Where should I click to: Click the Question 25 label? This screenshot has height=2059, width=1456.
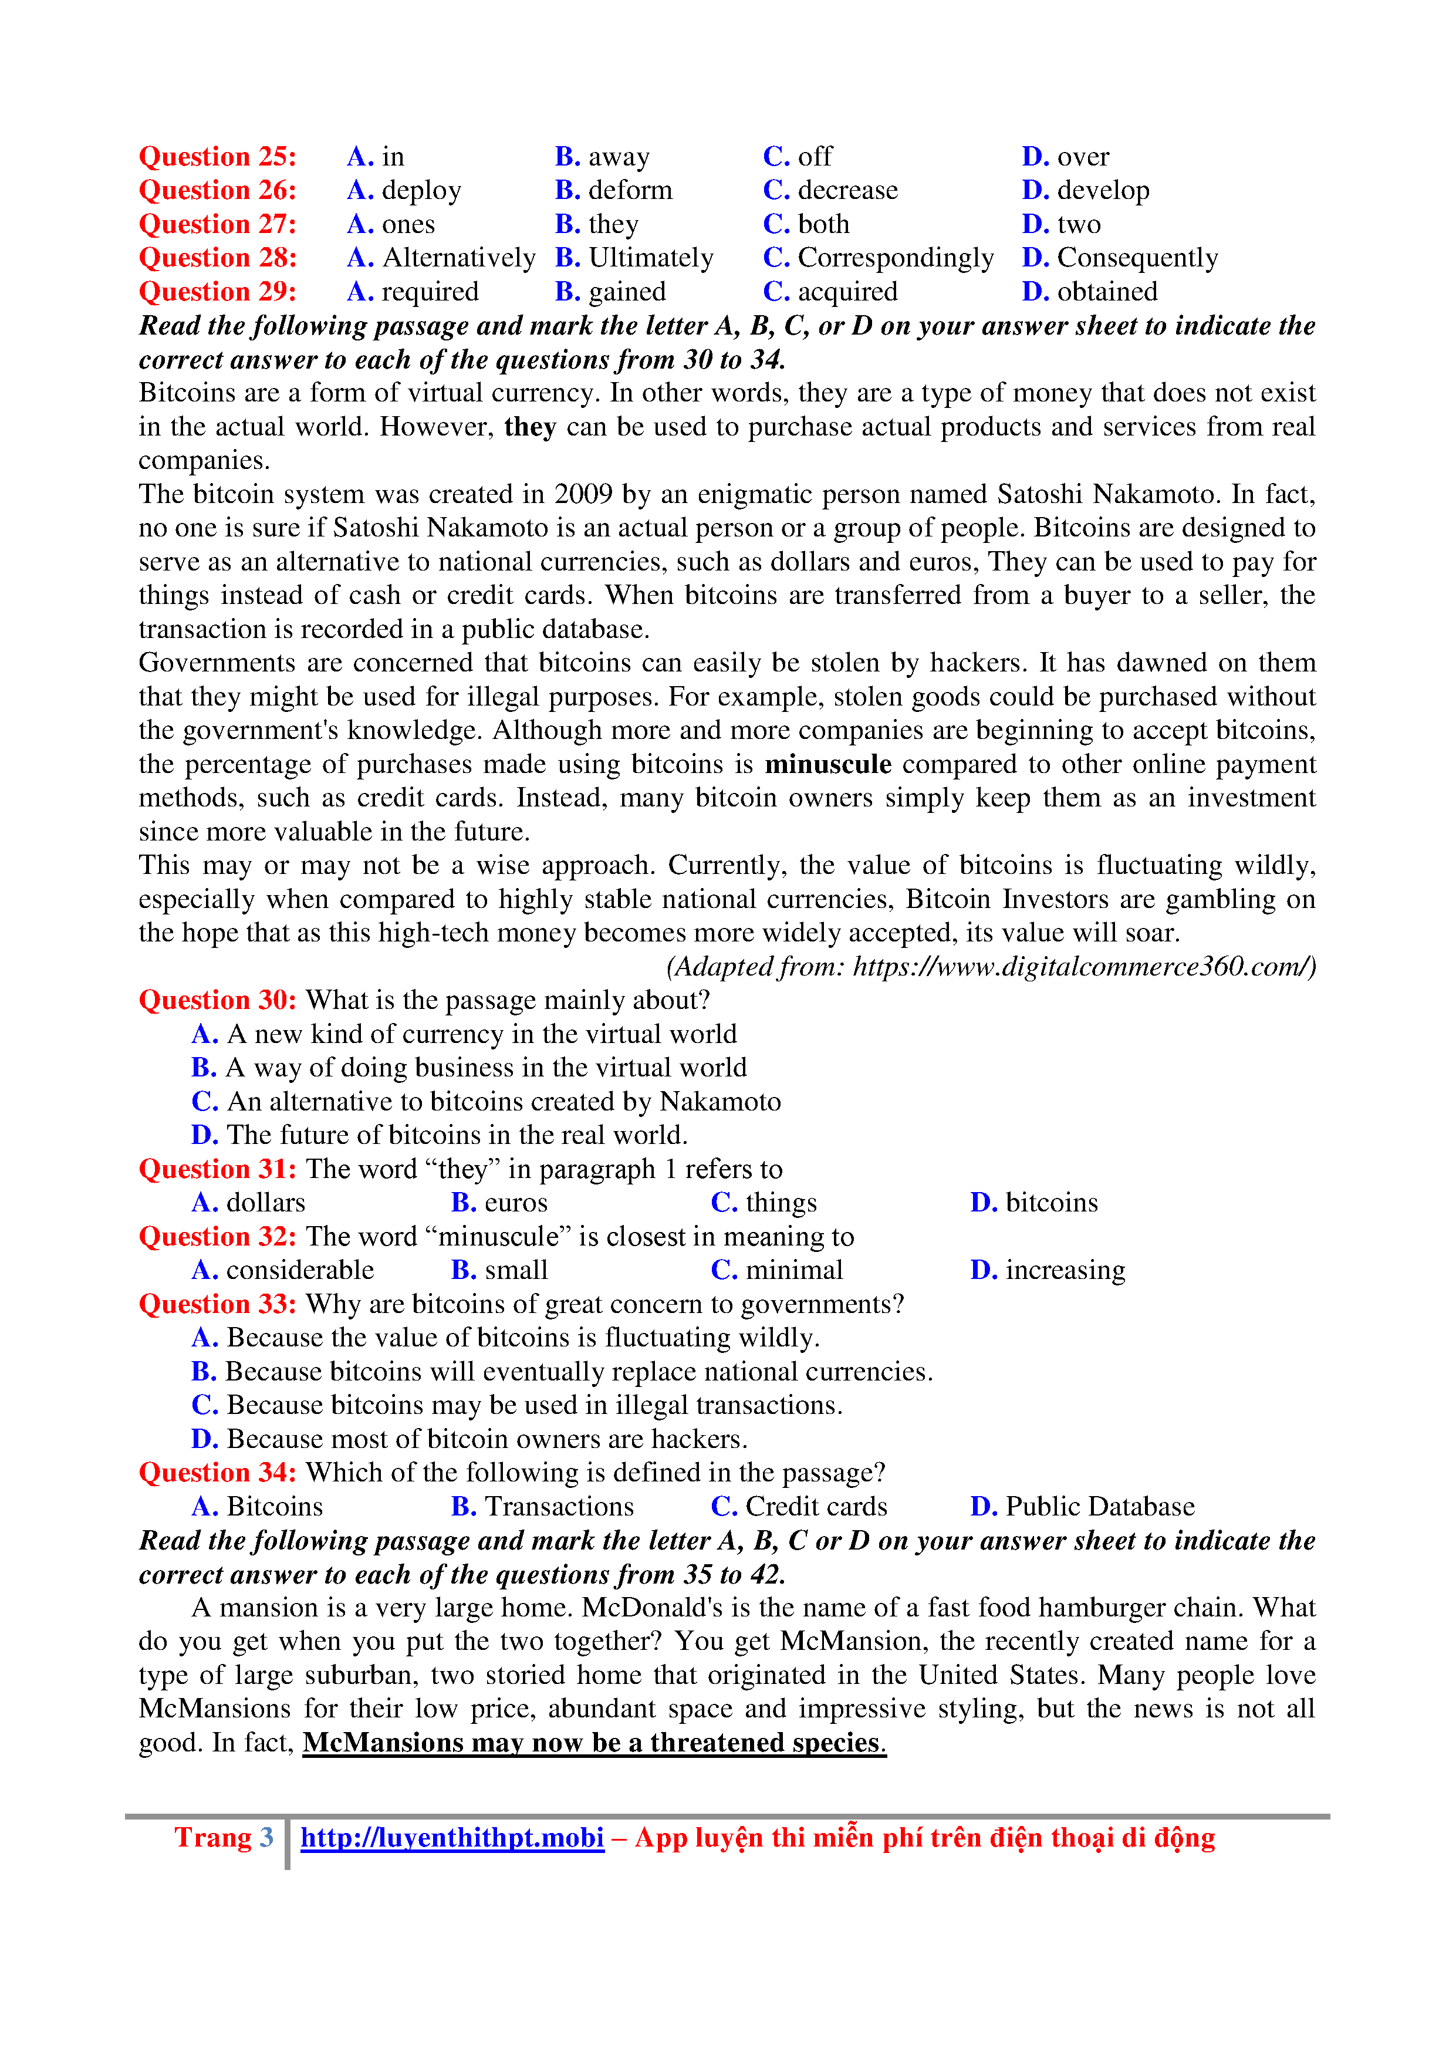217,157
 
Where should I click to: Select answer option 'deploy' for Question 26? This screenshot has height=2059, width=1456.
420,191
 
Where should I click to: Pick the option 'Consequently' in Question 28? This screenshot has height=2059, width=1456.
1136,258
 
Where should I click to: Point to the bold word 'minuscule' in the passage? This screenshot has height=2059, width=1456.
827,765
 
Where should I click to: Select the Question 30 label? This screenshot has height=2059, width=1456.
217,1001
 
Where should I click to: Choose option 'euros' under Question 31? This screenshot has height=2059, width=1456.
515,1203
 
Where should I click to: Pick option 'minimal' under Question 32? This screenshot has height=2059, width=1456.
793,1271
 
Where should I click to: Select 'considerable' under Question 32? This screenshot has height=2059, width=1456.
299,1271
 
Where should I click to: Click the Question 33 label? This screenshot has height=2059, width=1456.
217,1305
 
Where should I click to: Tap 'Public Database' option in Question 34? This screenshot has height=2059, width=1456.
1099,1507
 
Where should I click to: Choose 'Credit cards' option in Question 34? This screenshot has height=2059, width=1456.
816,1507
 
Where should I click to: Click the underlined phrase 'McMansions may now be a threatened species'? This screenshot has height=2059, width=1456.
593,1743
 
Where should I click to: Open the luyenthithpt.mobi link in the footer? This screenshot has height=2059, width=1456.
452,1838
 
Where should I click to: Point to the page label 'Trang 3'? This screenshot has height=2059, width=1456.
223,1838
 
